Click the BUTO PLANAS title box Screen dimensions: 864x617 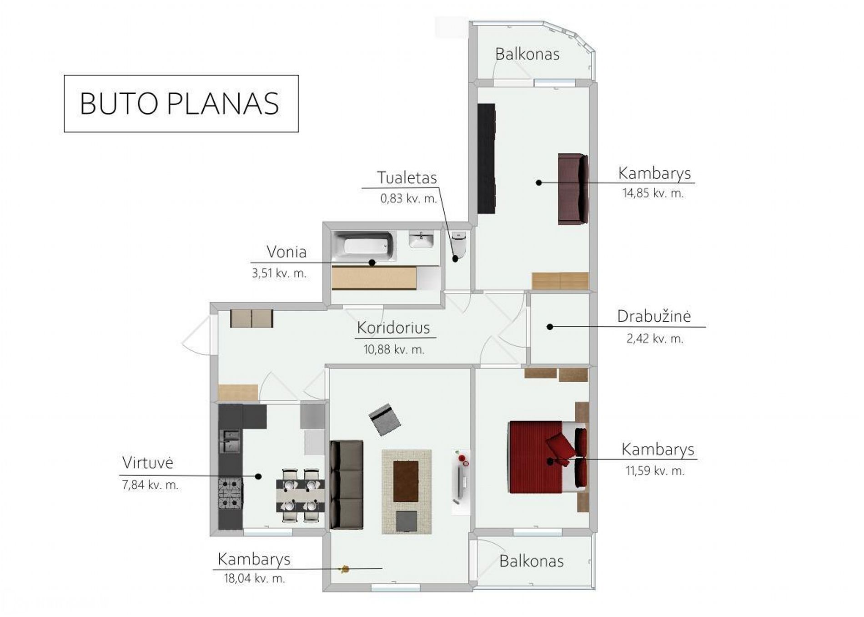181,104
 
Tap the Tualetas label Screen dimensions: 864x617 407,177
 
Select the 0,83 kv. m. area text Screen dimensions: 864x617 408,198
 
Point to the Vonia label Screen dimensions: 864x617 286,252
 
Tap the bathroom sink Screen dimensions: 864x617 421,239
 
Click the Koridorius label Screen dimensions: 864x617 393,328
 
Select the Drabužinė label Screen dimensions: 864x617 654,316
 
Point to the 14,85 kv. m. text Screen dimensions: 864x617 653,193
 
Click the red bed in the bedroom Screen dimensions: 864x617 548,456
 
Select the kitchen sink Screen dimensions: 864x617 231,441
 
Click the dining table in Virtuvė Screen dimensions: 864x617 300,496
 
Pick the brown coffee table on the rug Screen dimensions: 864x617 406,481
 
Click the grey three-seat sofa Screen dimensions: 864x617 347,485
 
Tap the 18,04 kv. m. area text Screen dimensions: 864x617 254,578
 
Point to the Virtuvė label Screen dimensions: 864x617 148,463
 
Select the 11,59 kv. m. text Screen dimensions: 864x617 655,470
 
